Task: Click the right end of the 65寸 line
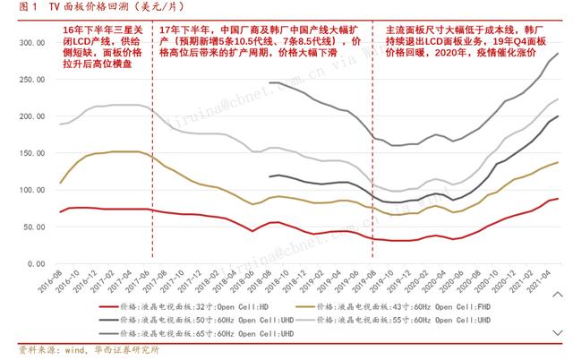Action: pyautogui.click(x=558, y=54)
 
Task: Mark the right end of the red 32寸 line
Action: pyautogui.click(x=558, y=199)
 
